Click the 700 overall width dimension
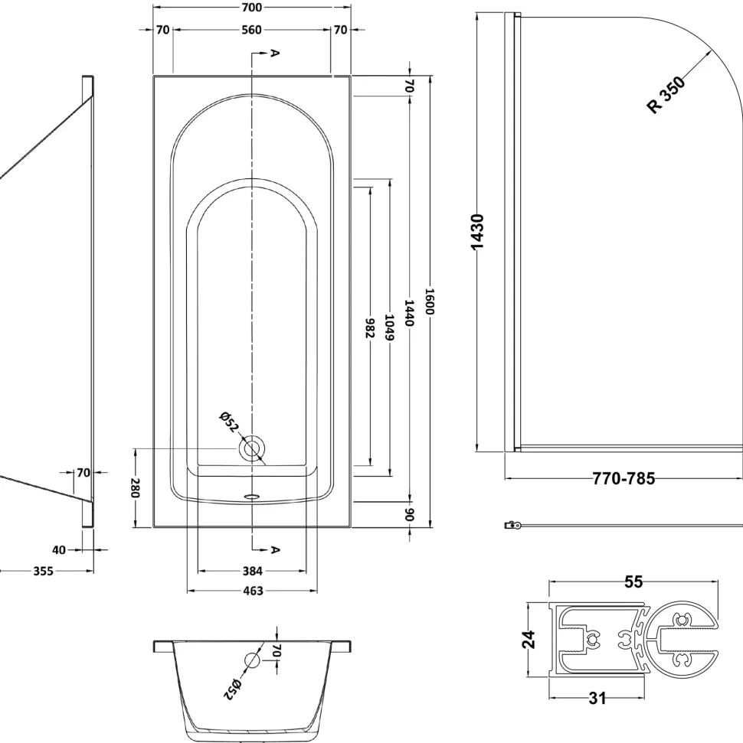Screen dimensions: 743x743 (251, 7)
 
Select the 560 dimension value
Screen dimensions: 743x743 (251, 30)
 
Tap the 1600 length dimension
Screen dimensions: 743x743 (430, 301)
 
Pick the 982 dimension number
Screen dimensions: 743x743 (370, 328)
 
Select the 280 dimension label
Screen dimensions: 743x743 (136, 487)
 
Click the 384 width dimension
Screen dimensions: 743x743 (253, 571)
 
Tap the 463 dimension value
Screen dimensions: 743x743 (253, 591)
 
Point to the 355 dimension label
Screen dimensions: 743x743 (43, 571)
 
